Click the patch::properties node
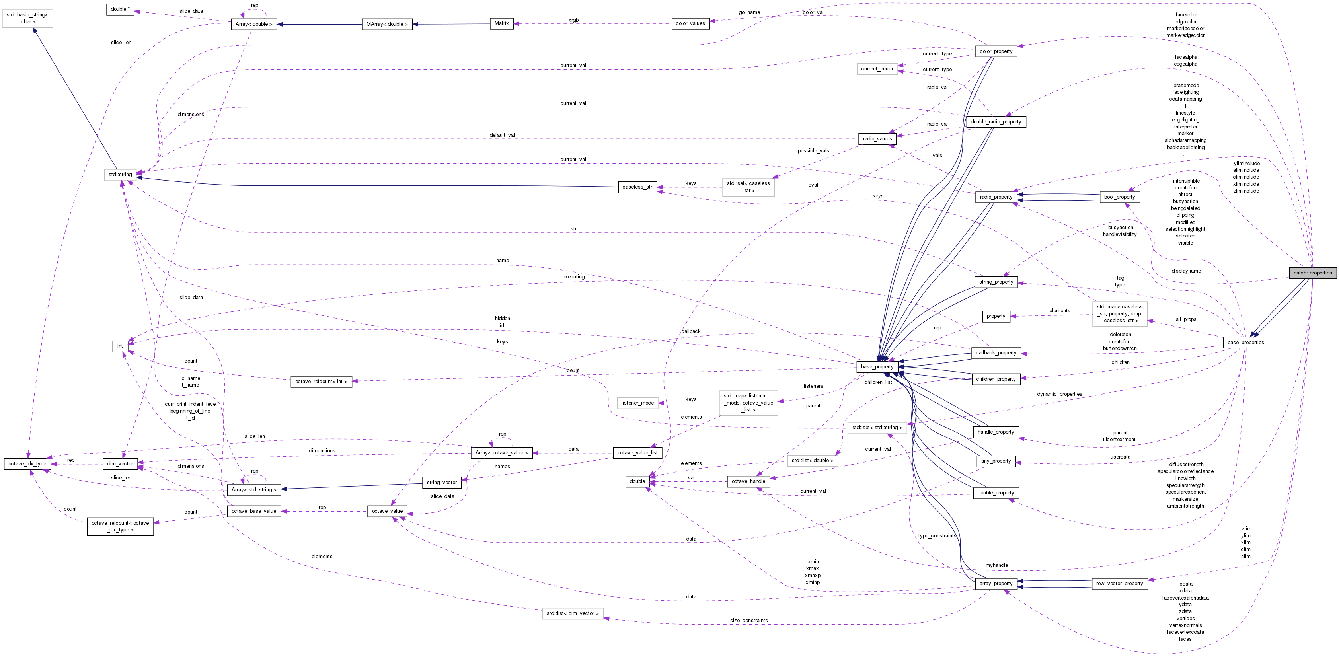click(1312, 273)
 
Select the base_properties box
click(1245, 343)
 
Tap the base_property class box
click(877, 367)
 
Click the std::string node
click(120, 175)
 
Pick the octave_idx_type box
click(27, 464)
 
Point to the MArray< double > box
click(387, 24)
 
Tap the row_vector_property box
click(1119, 584)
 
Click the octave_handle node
click(748, 481)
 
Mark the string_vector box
click(442, 483)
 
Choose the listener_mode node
click(637, 403)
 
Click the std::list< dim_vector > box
click(572, 614)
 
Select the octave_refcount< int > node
click(321, 382)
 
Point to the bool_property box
click(1119, 197)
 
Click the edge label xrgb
click(573, 20)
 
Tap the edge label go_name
click(749, 12)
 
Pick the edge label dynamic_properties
click(1059, 394)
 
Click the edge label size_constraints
click(748, 621)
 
